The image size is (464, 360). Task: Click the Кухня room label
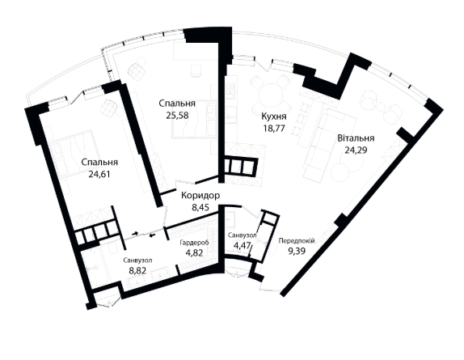coord(274,116)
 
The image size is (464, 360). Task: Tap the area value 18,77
coord(274,128)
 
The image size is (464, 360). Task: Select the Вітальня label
coord(356,138)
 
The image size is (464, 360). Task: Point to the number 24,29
coord(356,150)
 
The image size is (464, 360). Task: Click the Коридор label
coord(200,196)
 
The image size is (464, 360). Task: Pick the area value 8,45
coord(200,207)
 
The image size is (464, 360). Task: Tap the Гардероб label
coord(194,243)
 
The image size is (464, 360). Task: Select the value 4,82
coord(194,252)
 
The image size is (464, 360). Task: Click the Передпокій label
coord(297,241)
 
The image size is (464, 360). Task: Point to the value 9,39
coord(297,251)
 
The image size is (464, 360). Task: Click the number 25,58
coord(177,115)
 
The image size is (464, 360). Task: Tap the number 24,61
coord(99,174)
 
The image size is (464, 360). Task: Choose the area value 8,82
coord(137,270)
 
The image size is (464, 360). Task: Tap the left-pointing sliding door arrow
coord(152,235)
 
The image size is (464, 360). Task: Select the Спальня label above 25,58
coord(177,104)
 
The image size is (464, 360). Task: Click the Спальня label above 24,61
coord(99,163)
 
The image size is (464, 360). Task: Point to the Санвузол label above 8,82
coord(138,260)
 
